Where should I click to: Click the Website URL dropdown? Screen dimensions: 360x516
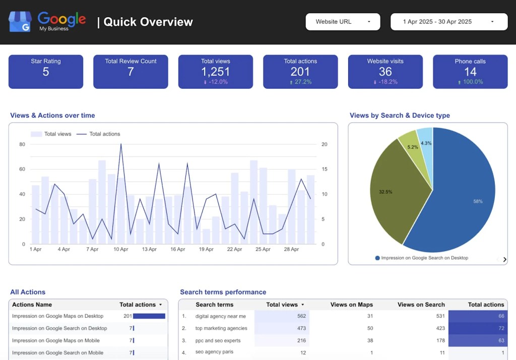click(x=343, y=22)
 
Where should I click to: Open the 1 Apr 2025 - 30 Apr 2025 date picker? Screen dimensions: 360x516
click(x=448, y=22)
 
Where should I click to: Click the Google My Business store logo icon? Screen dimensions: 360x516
click(x=20, y=22)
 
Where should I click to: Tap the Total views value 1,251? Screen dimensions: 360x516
click(x=215, y=72)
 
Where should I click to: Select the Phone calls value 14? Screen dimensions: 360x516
click(x=470, y=72)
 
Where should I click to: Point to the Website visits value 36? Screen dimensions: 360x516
click(x=385, y=72)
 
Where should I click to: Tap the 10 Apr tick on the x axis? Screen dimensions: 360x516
click(x=121, y=249)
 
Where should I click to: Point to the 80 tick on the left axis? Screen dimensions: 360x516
click(x=22, y=145)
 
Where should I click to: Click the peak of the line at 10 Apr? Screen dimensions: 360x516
click(x=121, y=145)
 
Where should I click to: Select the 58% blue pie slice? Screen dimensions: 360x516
click(x=464, y=196)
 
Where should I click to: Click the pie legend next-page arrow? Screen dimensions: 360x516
click(x=504, y=259)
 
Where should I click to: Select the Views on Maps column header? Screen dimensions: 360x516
click(x=351, y=305)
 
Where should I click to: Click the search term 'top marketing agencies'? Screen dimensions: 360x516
click(x=221, y=328)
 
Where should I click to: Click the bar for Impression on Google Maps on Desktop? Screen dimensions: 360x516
click(x=149, y=316)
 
